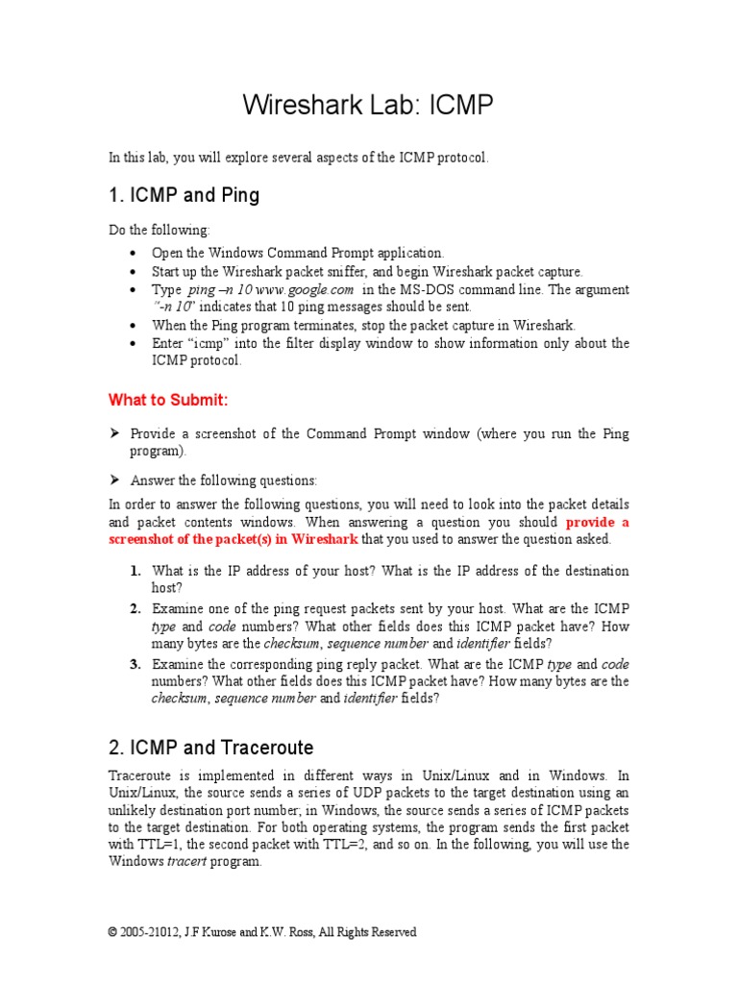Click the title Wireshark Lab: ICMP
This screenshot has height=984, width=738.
click(x=369, y=105)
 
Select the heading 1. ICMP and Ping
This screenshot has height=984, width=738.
click(x=184, y=195)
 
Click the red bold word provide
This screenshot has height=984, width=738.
click(x=588, y=522)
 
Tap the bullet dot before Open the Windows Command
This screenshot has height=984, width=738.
click(x=132, y=254)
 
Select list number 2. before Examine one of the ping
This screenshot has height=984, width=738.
click(x=135, y=608)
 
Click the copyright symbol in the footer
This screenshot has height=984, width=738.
click(x=113, y=932)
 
